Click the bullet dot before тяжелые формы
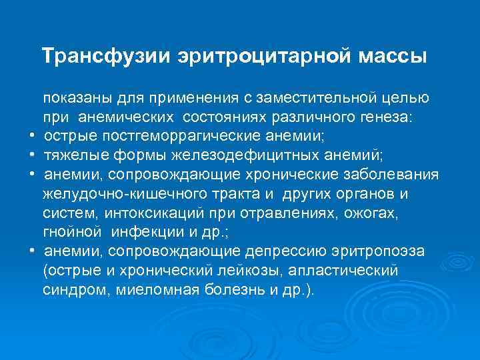32,156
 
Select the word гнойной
71,233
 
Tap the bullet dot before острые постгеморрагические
32,137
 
